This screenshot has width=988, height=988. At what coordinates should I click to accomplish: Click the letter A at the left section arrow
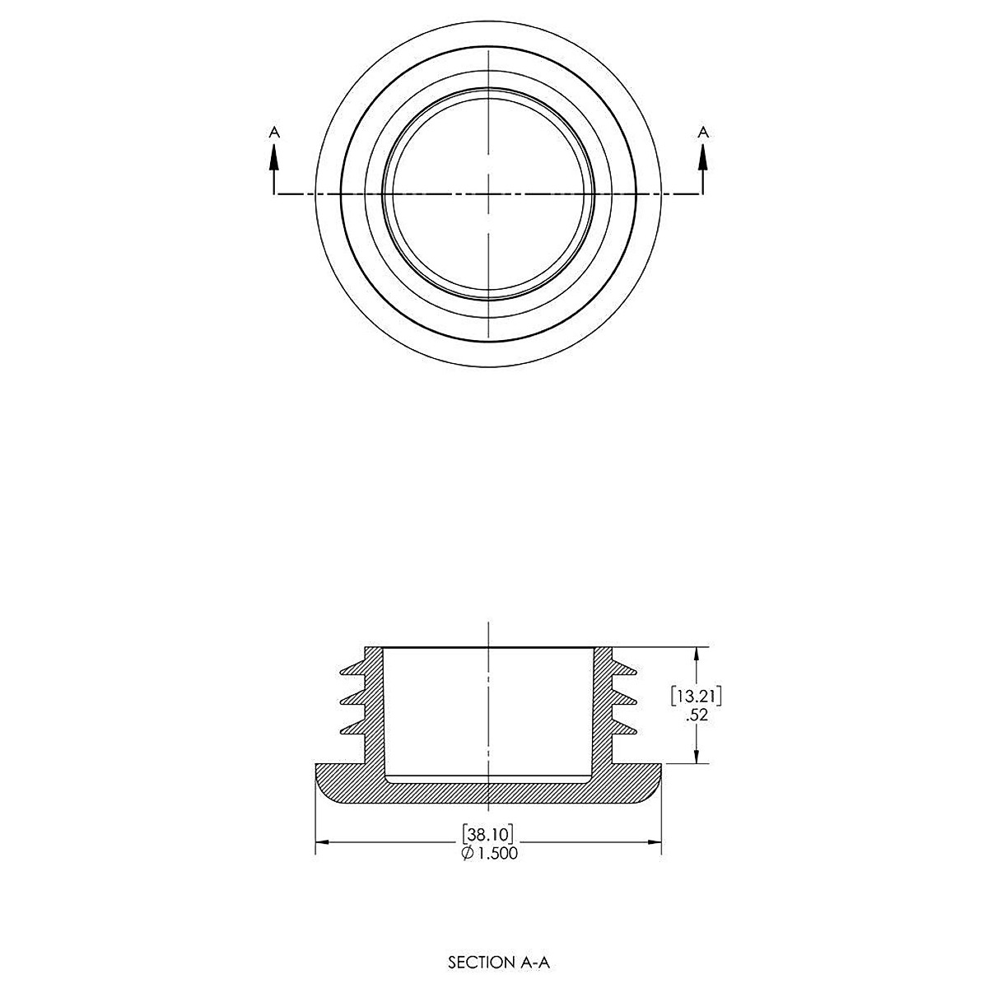[x=274, y=133]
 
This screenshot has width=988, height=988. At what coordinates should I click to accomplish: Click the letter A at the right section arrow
[x=703, y=133]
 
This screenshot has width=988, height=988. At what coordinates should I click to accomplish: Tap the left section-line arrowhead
[x=274, y=157]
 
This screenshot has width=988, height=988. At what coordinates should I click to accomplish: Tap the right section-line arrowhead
[x=703, y=157]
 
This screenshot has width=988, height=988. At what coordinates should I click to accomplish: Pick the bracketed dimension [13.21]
[x=697, y=697]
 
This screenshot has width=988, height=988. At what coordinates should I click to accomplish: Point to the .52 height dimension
[x=697, y=715]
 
